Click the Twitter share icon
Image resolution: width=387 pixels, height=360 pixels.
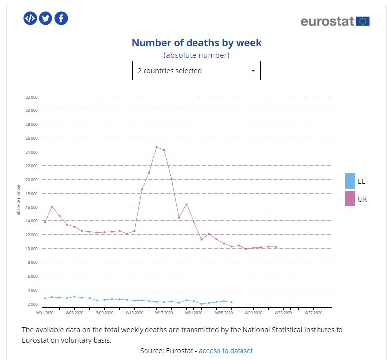tap(46, 18)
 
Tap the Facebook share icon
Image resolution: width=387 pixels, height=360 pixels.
tap(61, 18)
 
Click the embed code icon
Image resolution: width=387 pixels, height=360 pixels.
tap(30, 18)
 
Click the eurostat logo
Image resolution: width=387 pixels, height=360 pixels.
tap(335, 21)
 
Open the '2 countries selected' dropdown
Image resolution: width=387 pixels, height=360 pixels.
tap(196, 71)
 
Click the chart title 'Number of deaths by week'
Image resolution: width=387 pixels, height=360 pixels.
tap(196, 43)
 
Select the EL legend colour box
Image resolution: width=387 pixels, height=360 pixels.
tap(350, 181)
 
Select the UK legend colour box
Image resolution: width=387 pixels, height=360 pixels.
tap(350, 199)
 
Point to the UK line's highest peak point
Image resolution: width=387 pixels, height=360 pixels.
tap(156, 147)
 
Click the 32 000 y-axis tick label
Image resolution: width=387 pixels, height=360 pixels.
tap(32, 97)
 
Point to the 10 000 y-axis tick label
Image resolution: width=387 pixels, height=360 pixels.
tap(32, 249)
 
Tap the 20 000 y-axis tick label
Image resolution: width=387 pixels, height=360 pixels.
tap(32, 179)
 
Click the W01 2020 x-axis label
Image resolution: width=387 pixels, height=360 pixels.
tap(45, 313)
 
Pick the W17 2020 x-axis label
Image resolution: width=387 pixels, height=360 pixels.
tap(164, 313)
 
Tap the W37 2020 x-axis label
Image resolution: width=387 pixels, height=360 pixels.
tap(313, 313)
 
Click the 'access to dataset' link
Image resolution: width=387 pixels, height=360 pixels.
tap(226, 351)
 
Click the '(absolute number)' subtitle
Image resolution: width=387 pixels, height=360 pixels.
tap(196, 55)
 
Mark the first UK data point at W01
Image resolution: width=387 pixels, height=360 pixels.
tap(45, 222)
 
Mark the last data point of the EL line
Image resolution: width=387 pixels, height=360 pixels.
tap(231, 302)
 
